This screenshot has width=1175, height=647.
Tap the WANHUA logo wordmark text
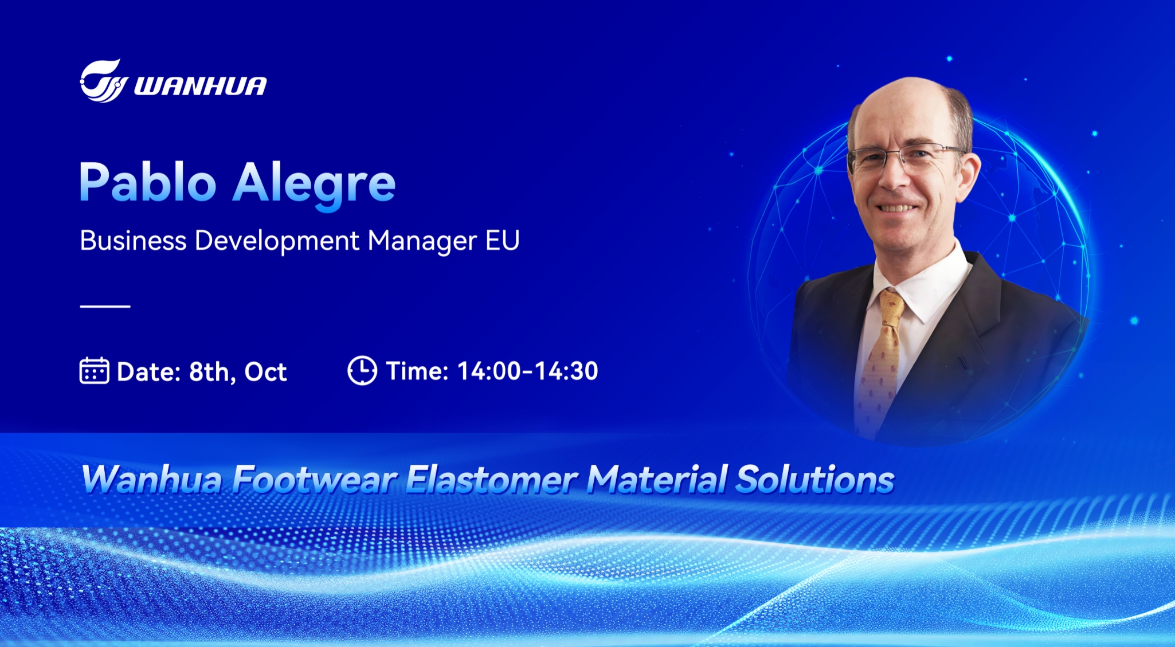(201, 86)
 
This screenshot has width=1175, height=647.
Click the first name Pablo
(148, 182)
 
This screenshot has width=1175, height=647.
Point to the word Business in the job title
(133, 240)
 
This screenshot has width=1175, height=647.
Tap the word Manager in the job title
(422, 241)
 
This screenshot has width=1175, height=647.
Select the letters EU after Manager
(503, 240)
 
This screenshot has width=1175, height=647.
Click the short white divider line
(105, 307)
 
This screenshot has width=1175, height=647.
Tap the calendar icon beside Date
(94, 370)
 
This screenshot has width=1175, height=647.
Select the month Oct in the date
(265, 372)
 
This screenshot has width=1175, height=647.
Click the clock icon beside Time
(362, 370)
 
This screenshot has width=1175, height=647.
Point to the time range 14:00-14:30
(528, 371)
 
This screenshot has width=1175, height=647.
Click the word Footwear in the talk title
(315, 480)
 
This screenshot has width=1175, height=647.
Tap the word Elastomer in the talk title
(491, 480)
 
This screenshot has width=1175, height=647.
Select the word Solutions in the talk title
(815, 480)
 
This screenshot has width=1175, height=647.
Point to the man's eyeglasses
(906, 158)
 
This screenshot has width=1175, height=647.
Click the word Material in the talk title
(657, 480)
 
